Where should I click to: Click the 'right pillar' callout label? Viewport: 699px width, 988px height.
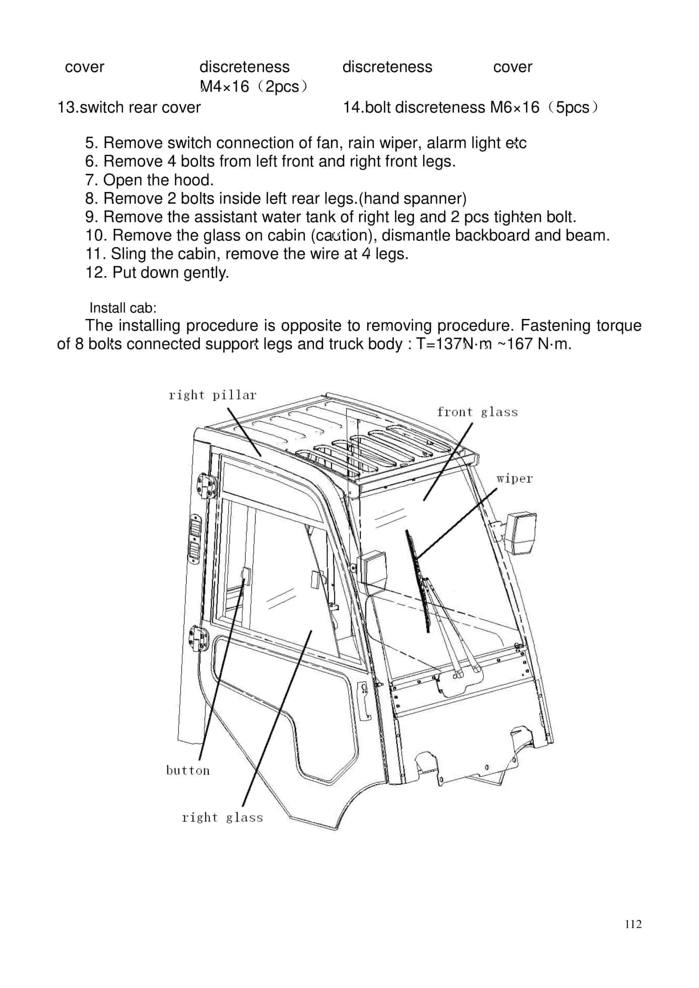click(x=212, y=395)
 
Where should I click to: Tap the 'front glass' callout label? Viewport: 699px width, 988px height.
click(x=477, y=412)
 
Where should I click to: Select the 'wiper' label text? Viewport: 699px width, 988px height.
click(x=514, y=479)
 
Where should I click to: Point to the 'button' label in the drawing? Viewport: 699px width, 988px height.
click(x=188, y=771)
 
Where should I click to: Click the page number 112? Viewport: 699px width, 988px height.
click(x=633, y=924)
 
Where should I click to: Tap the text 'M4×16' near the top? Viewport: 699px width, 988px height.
click(x=225, y=86)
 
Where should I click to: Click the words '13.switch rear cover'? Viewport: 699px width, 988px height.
click(x=129, y=107)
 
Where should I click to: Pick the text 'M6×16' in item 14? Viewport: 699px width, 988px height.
click(x=514, y=107)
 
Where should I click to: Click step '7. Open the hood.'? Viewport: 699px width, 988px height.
click(x=149, y=180)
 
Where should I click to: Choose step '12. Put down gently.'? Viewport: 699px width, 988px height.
click(x=157, y=272)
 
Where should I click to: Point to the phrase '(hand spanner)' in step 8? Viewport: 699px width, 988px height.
click(x=413, y=198)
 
